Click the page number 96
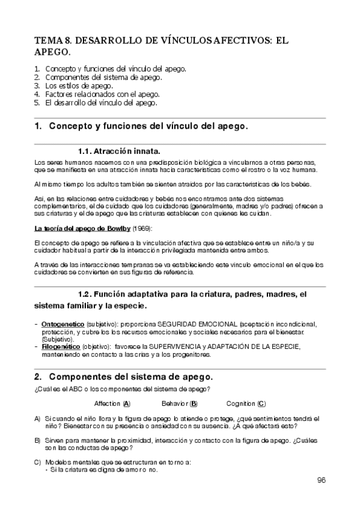pyautogui.click(x=321, y=480)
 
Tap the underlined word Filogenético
pyautogui.click(x=61, y=347)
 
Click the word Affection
pyautogui.click(x=108, y=404)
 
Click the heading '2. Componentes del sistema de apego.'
pyautogui.click(x=123, y=376)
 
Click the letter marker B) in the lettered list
pyautogui.click(x=38, y=441)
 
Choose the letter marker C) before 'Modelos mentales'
pyautogui.click(x=38, y=461)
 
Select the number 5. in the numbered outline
pyautogui.click(x=37, y=102)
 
